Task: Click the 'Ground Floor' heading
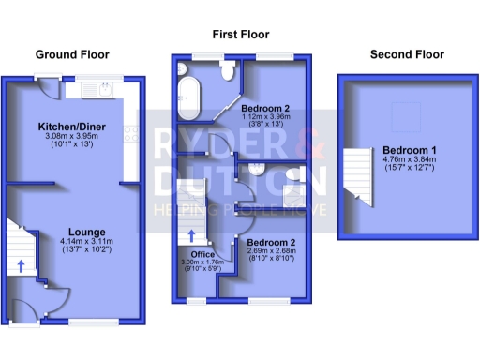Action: tap(72, 55)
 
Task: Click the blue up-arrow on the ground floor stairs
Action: tap(21, 265)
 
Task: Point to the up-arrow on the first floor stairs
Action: tap(192, 236)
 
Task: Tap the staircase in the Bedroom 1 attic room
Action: tap(355, 172)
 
